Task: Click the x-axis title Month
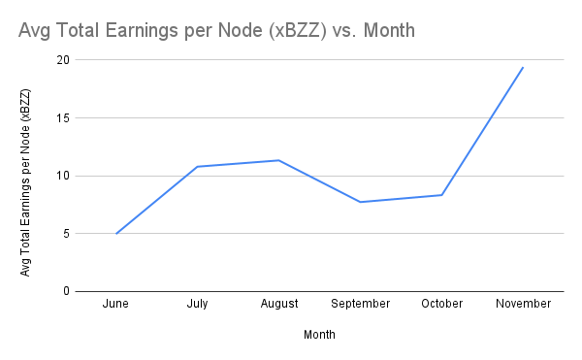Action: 319,334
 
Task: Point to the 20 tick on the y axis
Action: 64,60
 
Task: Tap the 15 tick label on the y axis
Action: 64,118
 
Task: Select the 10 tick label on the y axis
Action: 64,176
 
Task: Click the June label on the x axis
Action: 115,304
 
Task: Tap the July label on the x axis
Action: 197,304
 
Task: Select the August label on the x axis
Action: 278,304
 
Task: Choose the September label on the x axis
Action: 360,304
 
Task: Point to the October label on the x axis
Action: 441,304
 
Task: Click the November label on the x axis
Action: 523,304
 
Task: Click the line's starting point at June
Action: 115,233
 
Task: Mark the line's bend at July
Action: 197,167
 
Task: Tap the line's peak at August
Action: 278,160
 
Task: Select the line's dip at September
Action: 360,202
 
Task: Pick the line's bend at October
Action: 441,195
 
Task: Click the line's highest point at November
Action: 523,67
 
